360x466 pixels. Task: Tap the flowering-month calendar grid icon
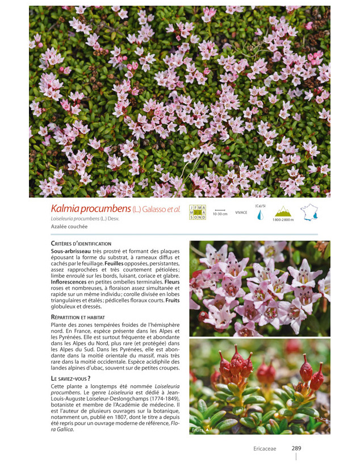198,212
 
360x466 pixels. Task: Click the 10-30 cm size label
220,214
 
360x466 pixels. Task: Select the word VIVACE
241,213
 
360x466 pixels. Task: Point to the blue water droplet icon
260,215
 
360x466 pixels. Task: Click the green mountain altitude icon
282,211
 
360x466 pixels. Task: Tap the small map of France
309,212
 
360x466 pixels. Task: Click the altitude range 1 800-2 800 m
283,220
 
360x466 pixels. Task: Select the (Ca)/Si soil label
260,206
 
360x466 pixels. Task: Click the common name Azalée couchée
69,226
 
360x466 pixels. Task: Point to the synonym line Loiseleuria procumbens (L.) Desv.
85,219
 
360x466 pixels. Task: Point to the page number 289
296,448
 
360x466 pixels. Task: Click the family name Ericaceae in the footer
265,449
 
